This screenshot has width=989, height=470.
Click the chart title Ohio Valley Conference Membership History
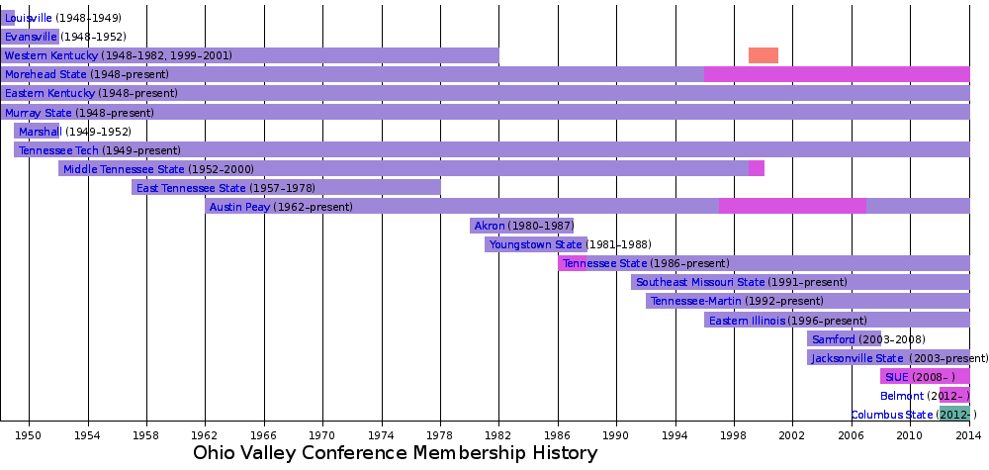[x=395, y=453]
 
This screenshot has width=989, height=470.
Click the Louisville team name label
[x=29, y=18]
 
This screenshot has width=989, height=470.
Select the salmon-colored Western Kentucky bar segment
[x=763, y=55]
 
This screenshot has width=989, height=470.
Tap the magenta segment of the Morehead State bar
[x=836, y=74]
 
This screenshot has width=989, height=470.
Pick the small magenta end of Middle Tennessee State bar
[x=757, y=168]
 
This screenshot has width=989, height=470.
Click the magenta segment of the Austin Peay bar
[x=792, y=206]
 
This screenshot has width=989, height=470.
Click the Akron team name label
[x=490, y=226]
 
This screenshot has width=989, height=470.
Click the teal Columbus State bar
[x=954, y=414]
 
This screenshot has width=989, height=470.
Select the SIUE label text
[x=896, y=377]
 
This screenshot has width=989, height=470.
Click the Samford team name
[x=833, y=339]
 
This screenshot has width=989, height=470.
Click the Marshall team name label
[x=40, y=132]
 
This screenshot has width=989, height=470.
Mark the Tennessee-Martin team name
[x=694, y=301]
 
